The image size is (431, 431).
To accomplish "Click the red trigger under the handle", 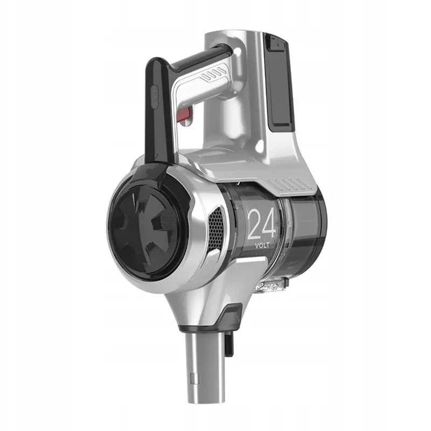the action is (x=185, y=114).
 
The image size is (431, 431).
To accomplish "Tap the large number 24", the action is (x=261, y=224).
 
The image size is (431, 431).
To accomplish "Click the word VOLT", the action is (x=262, y=246).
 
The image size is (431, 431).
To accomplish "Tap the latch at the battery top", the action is (x=277, y=44).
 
